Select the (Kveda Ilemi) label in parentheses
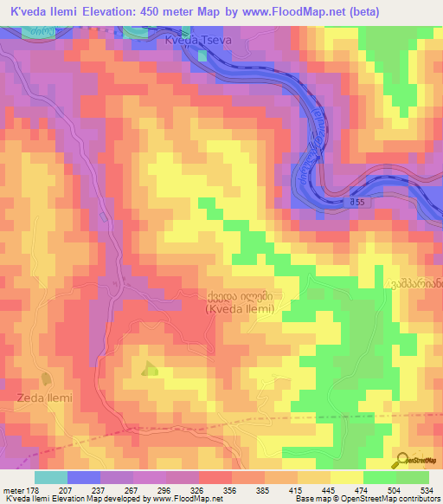(x=241, y=308)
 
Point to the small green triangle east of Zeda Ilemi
(x=150, y=368)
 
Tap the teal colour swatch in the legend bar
(x=50, y=477)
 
